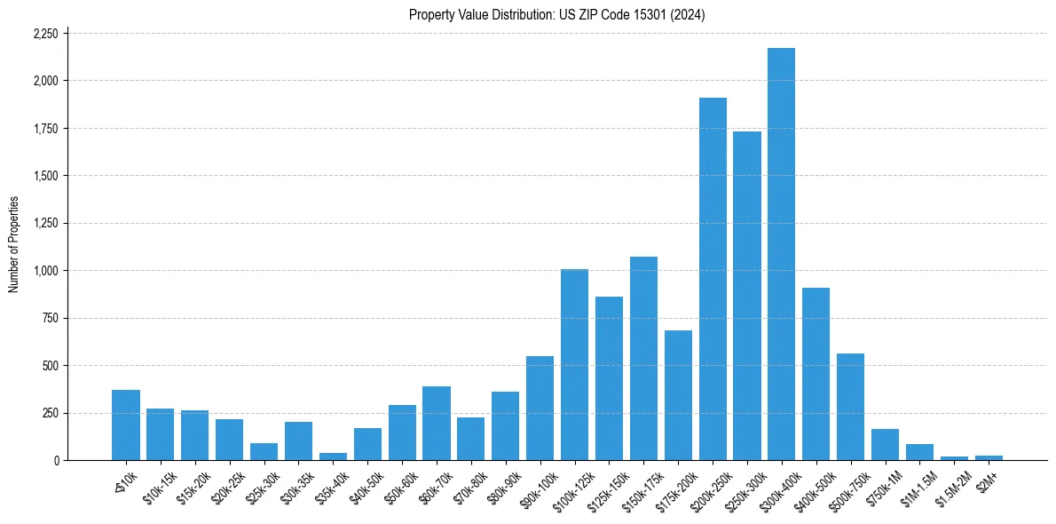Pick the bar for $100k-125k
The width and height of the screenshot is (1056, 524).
(574, 365)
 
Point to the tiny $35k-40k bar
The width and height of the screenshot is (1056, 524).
(333, 457)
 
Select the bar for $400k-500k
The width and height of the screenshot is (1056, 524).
(816, 374)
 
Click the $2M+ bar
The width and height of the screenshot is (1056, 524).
(989, 457)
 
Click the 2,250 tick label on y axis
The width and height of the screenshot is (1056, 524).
(45, 34)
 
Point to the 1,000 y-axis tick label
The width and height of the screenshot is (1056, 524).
(45, 271)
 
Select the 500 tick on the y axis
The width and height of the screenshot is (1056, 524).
(51, 366)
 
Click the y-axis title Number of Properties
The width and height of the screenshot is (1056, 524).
(13, 244)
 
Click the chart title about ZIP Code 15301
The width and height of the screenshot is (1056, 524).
(556, 15)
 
